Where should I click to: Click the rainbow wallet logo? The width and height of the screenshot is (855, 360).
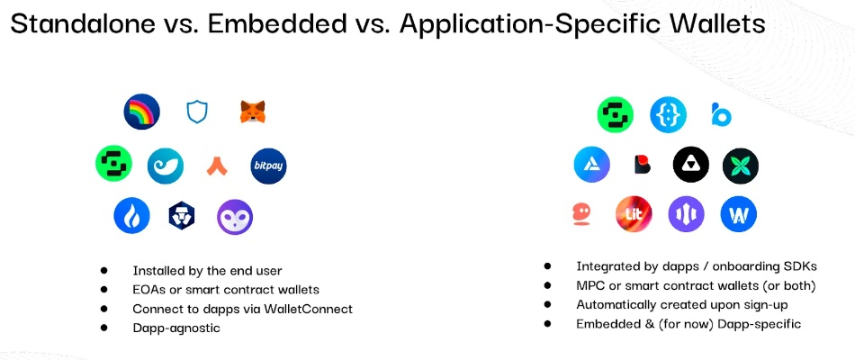click(x=142, y=112)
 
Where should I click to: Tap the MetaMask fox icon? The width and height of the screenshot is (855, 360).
click(x=253, y=112)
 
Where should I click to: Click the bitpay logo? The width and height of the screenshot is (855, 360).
click(x=268, y=166)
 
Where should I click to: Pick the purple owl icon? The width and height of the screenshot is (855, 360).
click(x=235, y=217)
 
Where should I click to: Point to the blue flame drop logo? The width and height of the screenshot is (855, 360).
click(x=131, y=215)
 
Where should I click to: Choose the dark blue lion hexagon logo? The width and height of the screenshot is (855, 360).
click(x=182, y=216)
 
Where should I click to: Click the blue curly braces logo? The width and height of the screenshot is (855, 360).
click(x=668, y=115)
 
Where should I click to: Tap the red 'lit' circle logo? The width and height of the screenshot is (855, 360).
click(x=634, y=214)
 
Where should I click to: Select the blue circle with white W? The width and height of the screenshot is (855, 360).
click(x=738, y=214)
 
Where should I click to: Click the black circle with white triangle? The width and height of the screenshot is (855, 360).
click(x=691, y=165)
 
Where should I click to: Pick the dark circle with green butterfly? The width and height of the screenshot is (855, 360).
click(x=741, y=166)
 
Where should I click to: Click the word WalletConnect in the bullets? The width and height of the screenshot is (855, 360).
click(x=308, y=309)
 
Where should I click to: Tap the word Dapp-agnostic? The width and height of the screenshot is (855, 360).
click(x=176, y=328)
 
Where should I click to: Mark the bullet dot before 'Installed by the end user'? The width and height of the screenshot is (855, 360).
click(x=103, y=270)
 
